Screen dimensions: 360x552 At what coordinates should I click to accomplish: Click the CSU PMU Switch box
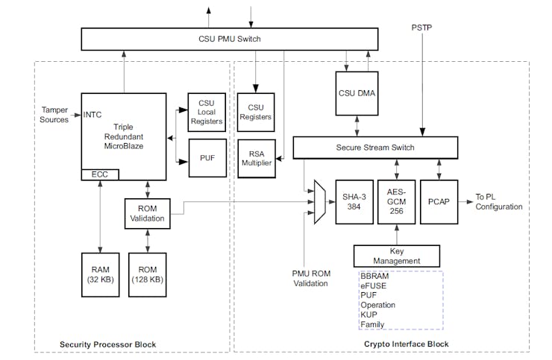pyautogui.click(x=230, y=39)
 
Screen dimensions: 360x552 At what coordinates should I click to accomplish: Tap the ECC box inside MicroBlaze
pyautogui.click(x=99, y=174)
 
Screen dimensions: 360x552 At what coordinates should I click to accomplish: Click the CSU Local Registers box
pyautogui.click(x=207, y=112)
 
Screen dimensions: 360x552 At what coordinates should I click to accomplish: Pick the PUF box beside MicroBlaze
pyautogui.click(x=207, y=157)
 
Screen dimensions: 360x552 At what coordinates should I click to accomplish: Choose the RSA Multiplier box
pyautogui.click(x=256, y=157)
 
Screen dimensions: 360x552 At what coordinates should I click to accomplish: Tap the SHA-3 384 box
pyautogui.click(x=353, y=201)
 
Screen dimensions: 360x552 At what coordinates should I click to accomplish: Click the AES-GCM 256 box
pyautogui.click(x=396, y=201)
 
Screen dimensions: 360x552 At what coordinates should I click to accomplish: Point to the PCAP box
pyautogui.click(x=439, y=201)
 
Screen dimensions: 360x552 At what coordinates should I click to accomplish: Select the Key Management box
pyautogui.click(x=396, y=256)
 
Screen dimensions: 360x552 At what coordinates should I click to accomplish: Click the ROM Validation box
pyautogui.click(x=146, y=215)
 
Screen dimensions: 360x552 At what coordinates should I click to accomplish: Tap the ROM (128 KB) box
pyautogui.click(x=148, y=276)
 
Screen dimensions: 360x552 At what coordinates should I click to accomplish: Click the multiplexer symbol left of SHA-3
pyautogui.click(x=320, y=201)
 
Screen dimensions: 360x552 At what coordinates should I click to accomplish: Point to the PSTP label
pyautogui.click(x=421, y=28)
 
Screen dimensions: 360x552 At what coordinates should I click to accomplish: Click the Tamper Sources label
pyautogui.click(x=54, y=115)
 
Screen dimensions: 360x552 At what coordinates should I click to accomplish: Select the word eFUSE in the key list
pyautogui.click(x=373, y=285)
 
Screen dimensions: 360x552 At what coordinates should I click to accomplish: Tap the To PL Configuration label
pyautogui.click(x=499, y=202)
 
